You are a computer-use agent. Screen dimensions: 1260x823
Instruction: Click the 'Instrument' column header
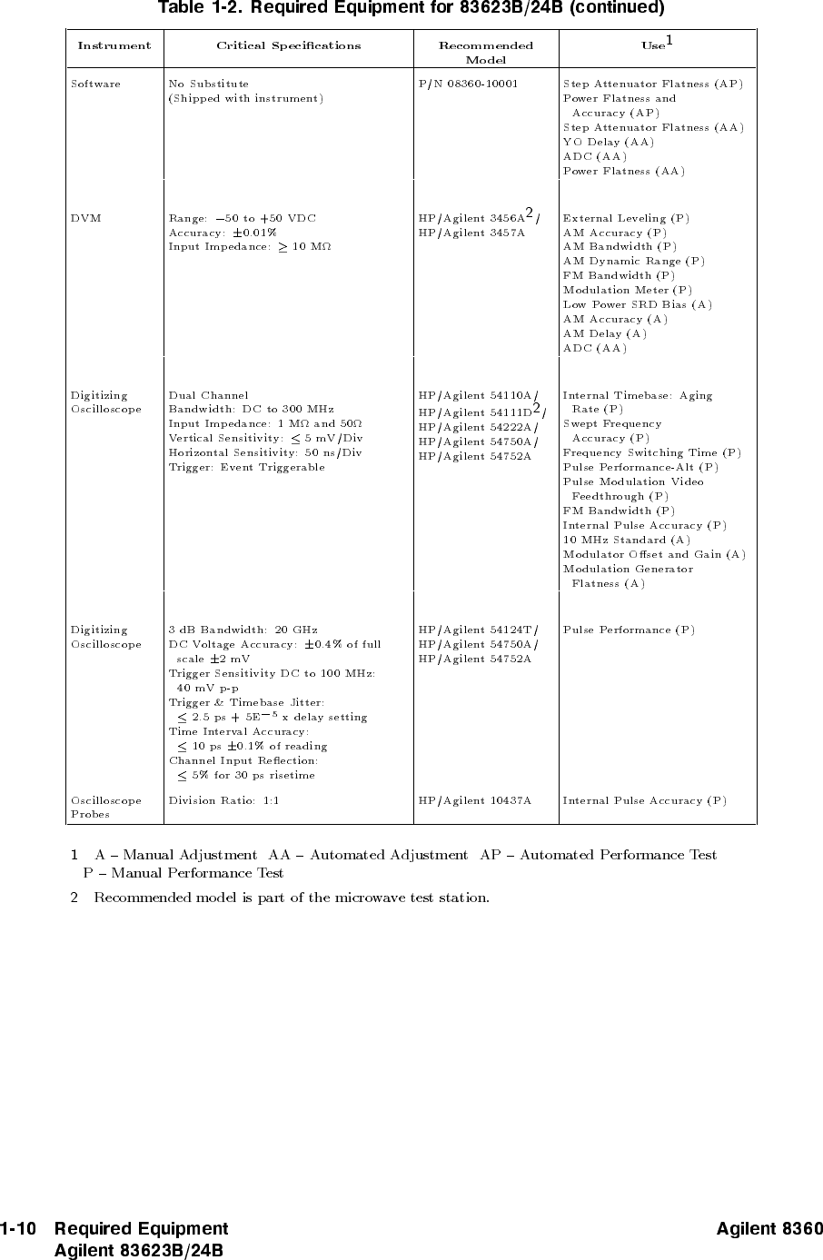point(114,45)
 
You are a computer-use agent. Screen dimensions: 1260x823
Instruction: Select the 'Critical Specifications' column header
point(288,45)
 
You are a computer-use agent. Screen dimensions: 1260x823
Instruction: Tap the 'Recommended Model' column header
point(485,53)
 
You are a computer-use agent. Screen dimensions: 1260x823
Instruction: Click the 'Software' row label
point(95,84)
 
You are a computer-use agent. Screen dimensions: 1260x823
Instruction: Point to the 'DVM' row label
point(86,218)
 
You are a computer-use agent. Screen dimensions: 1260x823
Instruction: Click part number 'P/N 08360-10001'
point(468,84)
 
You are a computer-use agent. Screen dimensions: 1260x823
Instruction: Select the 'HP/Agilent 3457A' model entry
point(471,233)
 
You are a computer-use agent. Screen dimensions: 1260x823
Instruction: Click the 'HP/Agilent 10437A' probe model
point(474,801)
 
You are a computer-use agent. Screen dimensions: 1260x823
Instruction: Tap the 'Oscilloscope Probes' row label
point(105,808)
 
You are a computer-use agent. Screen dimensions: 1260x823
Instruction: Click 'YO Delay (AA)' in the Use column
point(608,142)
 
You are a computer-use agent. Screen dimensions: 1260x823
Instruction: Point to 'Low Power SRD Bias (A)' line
point(637,304)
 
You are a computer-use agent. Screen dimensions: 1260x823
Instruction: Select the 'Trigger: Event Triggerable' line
point(246,467)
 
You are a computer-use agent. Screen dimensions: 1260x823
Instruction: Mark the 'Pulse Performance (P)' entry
point(629,630)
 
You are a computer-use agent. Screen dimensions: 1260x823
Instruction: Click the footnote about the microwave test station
point(291,898)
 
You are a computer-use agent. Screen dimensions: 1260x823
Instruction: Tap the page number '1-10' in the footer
point(18,1229)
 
